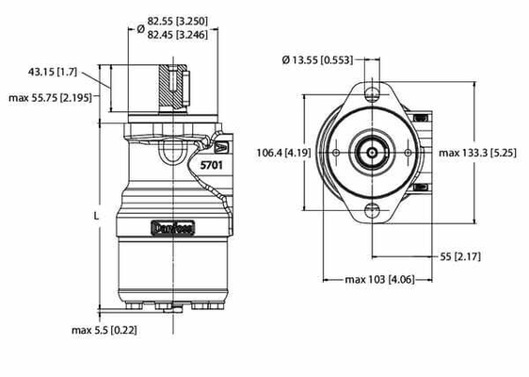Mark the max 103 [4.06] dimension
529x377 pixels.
coord(372,280)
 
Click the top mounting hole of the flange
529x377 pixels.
coord(371,93)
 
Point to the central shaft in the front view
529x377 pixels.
coord(371,152)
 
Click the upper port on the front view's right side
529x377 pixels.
coord(422,118)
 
